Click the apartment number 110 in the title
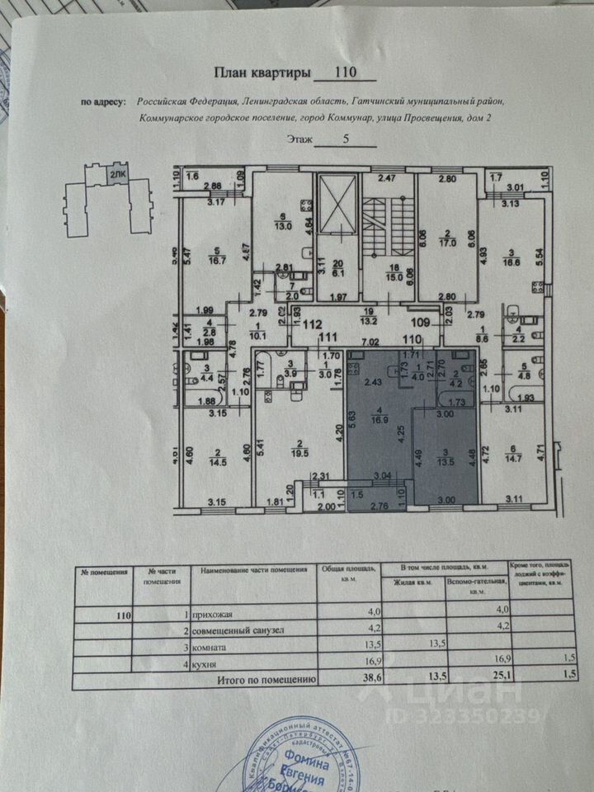point(345,73)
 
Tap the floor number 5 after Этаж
point(299,139)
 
